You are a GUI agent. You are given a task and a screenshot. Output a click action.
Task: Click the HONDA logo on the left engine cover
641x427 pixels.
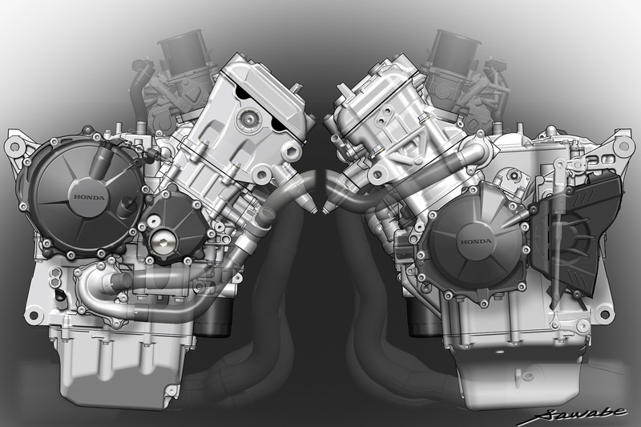click(x=89, y=197)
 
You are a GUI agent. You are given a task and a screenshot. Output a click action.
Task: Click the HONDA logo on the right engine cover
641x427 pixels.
click(x=476, y=241)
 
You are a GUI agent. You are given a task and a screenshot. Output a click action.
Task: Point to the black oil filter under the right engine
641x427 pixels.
click(x=425, y=315)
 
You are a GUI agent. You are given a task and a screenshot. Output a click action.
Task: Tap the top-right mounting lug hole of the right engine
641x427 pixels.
click(x=625, y=146)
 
